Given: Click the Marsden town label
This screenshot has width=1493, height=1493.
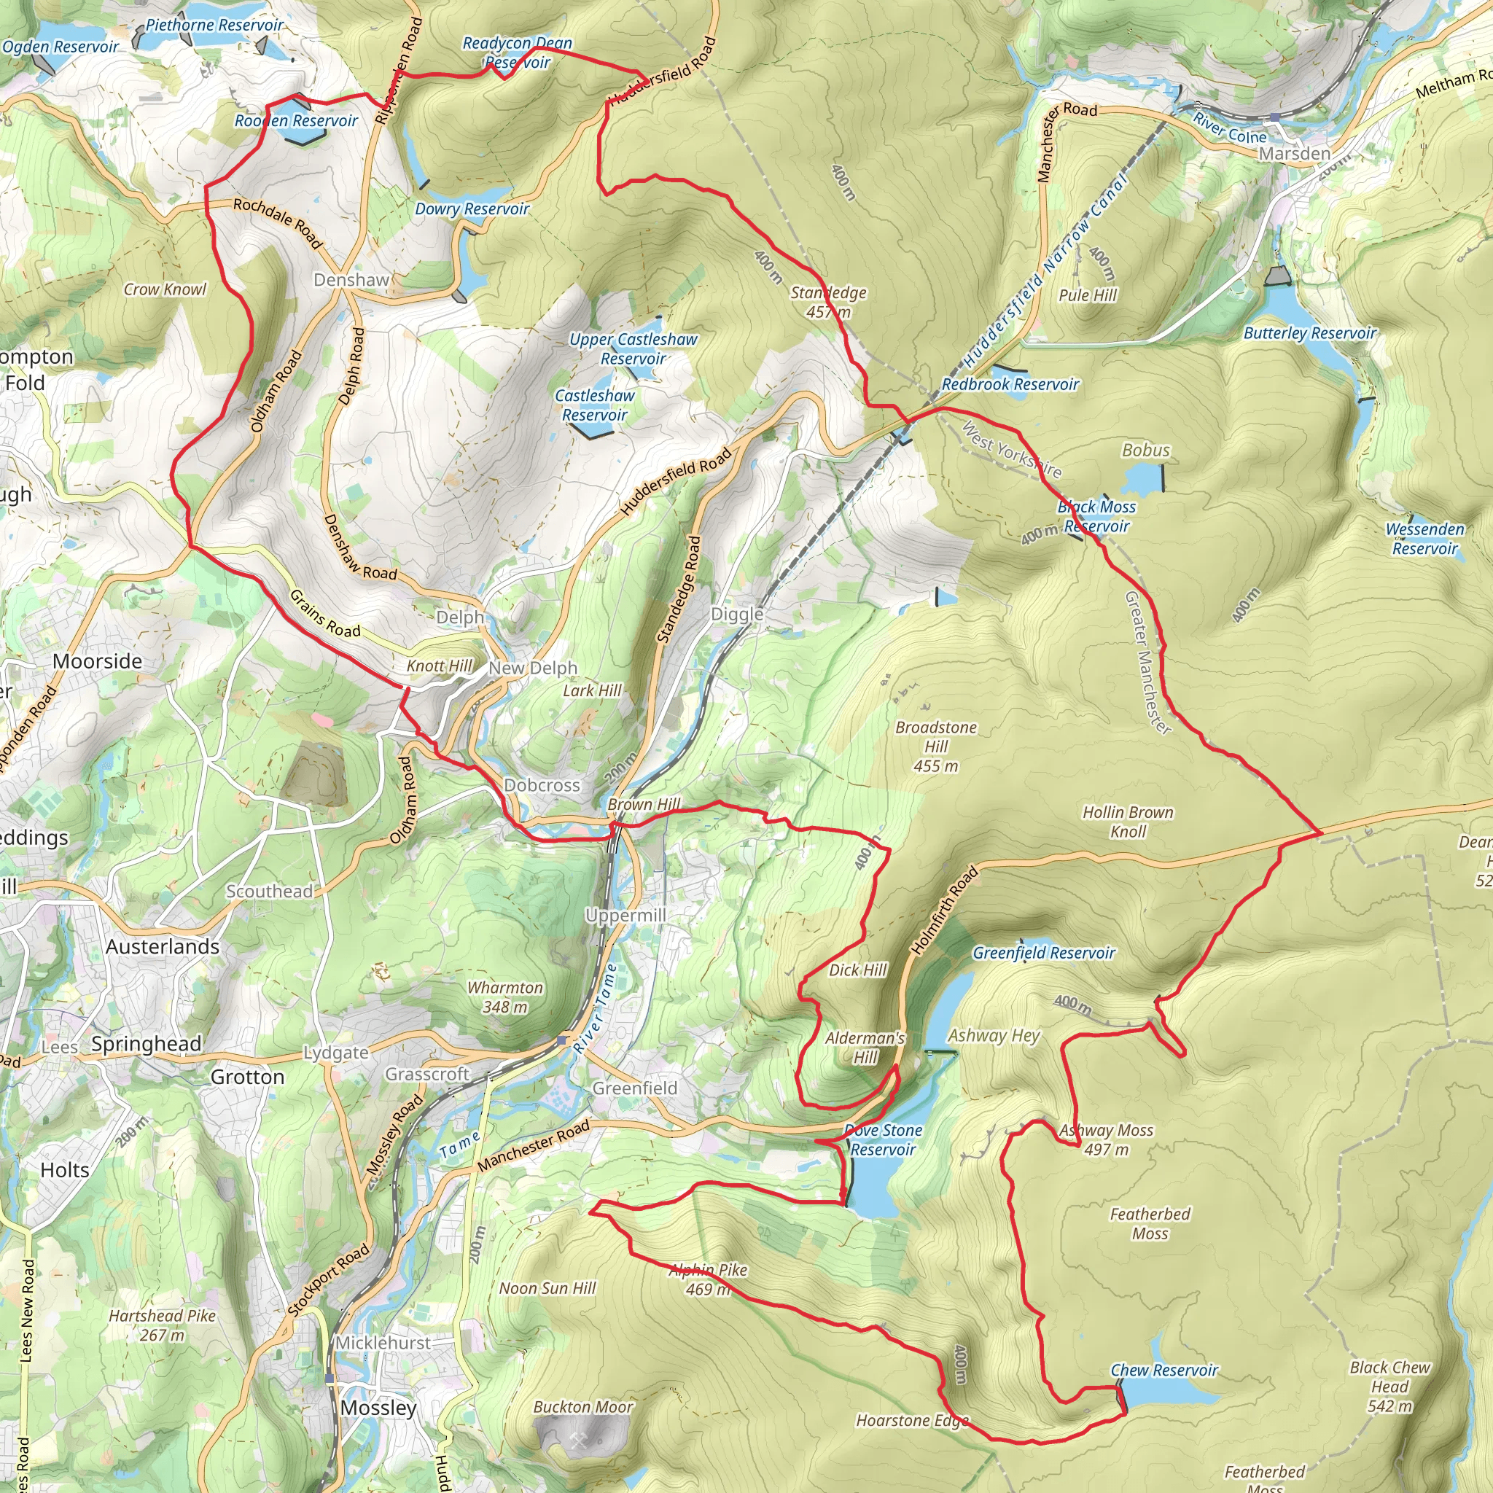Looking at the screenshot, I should point(1295,153).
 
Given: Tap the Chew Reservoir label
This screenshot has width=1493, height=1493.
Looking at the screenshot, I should point(1163,1370).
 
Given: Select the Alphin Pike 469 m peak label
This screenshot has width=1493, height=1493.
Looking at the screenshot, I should point(708,1279).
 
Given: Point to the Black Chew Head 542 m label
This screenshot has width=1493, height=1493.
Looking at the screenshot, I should point(1389,1387).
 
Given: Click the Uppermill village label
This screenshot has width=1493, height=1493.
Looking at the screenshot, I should point(625,916).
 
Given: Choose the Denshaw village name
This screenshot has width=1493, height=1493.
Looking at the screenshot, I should point(351,280).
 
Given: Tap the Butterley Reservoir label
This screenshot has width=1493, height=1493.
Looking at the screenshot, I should point(1310,333).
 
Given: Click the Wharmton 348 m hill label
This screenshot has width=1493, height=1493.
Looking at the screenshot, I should point(504,997).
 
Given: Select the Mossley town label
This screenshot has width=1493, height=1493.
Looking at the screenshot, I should point(378,1408).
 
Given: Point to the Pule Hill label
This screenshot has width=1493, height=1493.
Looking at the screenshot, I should point(1087,295).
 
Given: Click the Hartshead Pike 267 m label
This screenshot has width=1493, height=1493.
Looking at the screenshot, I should point(162,1325).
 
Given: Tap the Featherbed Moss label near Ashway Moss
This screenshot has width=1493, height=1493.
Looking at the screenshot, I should point(1150,1223).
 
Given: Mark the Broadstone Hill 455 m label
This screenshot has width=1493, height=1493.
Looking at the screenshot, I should point(935,746).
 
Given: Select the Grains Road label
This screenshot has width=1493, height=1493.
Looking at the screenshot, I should point(324,615).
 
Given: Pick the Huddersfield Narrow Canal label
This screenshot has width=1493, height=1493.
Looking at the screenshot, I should point(1045,270).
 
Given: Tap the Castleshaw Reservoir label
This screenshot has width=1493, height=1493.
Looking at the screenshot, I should point(594,405).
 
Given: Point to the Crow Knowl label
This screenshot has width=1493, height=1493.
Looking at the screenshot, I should point(165,289).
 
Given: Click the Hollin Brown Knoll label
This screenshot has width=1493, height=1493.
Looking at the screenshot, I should point(1128,822).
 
